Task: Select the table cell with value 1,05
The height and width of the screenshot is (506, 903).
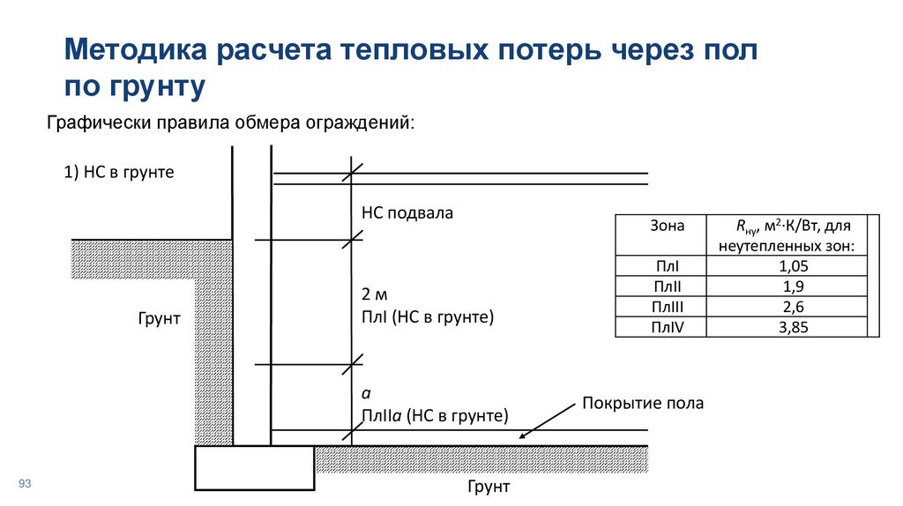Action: coord(788,266)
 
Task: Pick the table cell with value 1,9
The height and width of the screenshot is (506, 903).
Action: coord(788,286)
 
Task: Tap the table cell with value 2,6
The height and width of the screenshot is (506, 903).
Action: coord(788,307)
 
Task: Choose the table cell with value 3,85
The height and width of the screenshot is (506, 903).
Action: coord(788,327)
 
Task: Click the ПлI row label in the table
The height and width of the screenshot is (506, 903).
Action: coord(667,266)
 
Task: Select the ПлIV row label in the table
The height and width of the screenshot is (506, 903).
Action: coord(667,327)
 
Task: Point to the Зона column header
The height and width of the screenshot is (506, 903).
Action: coord(667,226)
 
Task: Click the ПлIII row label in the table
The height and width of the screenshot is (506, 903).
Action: coord(667,307)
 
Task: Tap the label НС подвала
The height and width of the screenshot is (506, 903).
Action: coord(407,212)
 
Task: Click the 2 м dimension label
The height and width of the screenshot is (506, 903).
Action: coord(375,294)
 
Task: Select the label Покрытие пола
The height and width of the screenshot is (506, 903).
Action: coord(642,404)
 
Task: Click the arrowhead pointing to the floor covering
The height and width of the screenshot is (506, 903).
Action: coord(523,434)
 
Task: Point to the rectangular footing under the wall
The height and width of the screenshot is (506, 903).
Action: coord(255,467)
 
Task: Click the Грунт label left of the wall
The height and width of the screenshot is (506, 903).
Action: coord(159,318)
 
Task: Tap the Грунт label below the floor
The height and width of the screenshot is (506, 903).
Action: coord(489,487)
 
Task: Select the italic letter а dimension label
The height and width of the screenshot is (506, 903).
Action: coord(365,393)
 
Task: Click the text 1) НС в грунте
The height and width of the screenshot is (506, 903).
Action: coord(119,173)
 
